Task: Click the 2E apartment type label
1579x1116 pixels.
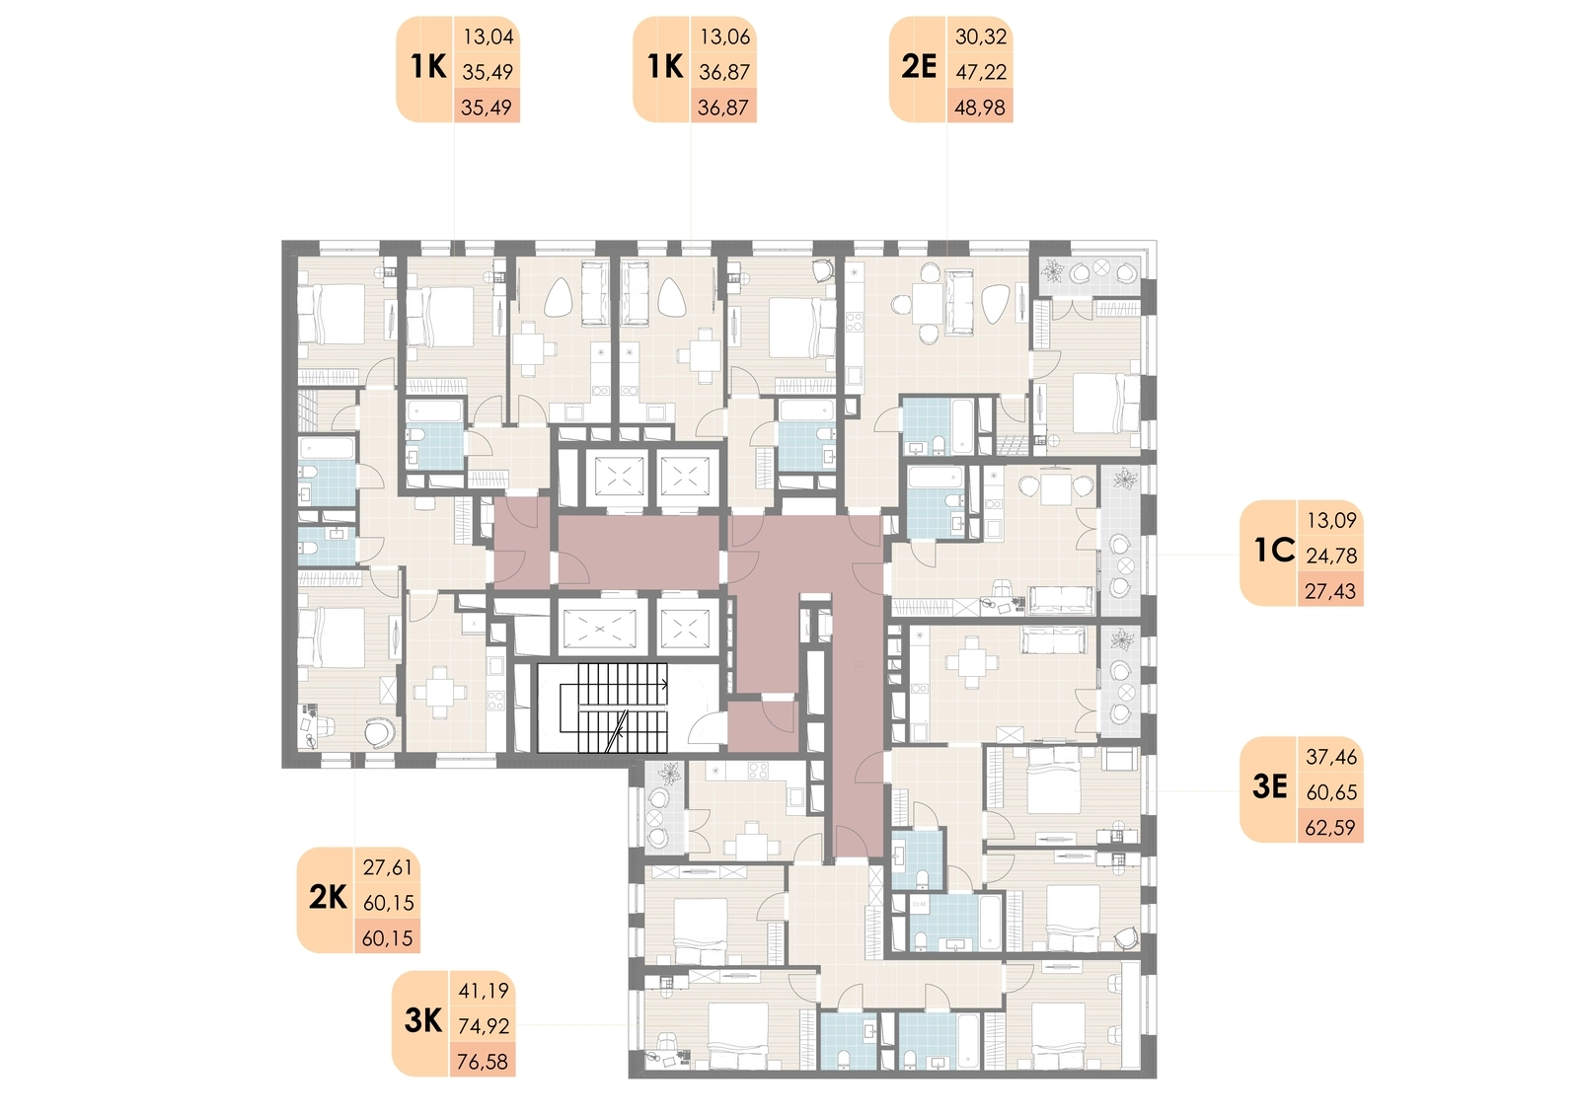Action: click(x=919, y=68)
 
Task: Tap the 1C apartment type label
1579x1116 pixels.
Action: click(x=1274, y=552)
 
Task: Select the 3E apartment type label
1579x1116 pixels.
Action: click(x=1269, y=787)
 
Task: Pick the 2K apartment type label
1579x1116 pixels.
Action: click(x=328, y=898)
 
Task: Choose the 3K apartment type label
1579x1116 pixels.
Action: click(x=423, y=1021)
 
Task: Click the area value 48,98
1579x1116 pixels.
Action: click(x=980, y=108)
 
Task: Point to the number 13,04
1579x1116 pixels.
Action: click(x=489, y=37)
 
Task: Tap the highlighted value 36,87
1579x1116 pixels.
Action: click(x=723, y=108)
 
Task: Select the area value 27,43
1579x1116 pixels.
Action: click(x=1330, y=591)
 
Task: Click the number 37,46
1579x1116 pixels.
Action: click(x=1331, y=757)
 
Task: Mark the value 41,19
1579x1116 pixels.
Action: click(x=484, y=992)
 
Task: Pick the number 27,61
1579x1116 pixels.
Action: click(x=388, y=868)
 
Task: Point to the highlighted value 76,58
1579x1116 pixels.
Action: click(x=483, y=1062)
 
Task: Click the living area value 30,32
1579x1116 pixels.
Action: click(x=981, y=37)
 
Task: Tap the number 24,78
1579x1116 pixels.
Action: click(x=1331, y=556)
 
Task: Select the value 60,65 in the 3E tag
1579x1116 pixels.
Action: click(x=1331, y=792)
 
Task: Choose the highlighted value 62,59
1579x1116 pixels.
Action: click(x=1330, y=827)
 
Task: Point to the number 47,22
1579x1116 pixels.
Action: click(x=981, y=72)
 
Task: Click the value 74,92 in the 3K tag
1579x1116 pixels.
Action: click(x=484, y=1026)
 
